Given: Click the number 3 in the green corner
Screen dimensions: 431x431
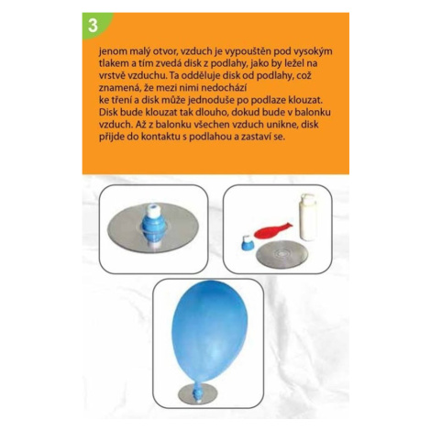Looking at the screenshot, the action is (93, 26).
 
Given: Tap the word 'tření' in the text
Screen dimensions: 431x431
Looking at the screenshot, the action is (121, 100).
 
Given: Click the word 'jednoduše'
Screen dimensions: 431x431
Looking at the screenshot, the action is (210, 100).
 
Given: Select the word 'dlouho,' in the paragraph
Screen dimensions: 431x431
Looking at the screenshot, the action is (213, 112).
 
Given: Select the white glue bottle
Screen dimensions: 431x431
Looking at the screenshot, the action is (308, 216).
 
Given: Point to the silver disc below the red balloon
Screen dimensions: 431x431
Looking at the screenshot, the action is (282, 254).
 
